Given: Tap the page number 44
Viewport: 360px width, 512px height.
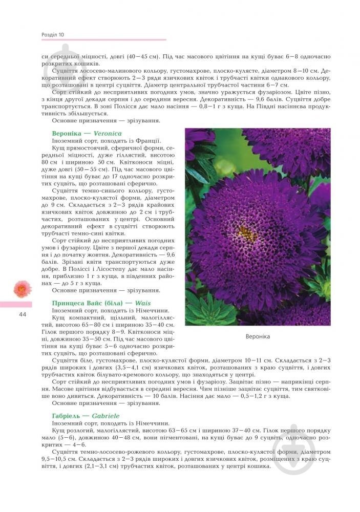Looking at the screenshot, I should [x=22, y=314].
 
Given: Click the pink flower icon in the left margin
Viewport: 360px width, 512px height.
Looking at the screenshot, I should [x=22, y=289].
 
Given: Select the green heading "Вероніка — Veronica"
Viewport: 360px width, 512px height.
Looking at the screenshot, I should [x=85, y=133].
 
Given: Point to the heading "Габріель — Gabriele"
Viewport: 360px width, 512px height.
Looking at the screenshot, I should [x=86, y=416].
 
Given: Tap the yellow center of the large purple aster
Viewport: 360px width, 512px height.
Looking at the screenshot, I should [x=247, y=235].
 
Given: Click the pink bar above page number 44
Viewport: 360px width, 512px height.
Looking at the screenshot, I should [x=16, y=304].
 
